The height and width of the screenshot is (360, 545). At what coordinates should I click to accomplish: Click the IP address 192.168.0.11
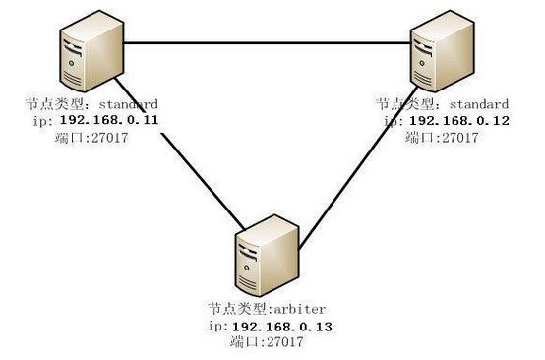[x=109, y=120]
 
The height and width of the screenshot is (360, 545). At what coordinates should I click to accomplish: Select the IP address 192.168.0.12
[x=459, y=121]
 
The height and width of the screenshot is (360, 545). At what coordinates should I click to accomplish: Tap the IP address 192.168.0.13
[x=282, y=327]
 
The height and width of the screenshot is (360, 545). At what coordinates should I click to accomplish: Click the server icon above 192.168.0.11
[x=91, y=51]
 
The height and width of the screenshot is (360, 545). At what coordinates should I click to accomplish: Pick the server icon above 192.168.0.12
[x=443, y=51]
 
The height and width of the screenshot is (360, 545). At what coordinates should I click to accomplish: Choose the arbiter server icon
[x=267, y=256]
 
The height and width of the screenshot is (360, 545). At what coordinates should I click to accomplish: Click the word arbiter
[x=300, y=309]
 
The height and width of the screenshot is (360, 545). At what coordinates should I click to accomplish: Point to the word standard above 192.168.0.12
[x=479, y=104]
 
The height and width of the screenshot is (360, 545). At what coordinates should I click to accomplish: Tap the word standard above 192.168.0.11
[x=129, y=104]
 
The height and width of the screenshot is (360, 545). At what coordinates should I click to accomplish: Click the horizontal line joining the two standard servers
[x=267, y=43]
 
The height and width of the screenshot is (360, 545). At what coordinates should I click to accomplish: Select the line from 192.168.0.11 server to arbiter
[x=180, y=153]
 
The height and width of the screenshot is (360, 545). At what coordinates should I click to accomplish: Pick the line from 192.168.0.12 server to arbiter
[x=358, y=168]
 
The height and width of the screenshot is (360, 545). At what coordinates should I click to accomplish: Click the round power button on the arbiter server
[x=247, y=268]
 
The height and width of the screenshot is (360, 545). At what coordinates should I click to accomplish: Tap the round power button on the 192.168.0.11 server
[x=71, y=63]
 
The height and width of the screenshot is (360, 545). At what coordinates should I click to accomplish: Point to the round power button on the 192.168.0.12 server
[x=422, y=63]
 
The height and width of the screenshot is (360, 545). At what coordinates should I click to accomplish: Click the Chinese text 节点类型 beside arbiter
[x=240, y=309]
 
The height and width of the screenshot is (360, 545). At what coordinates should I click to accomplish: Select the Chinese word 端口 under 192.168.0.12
[x=419, y=138]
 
